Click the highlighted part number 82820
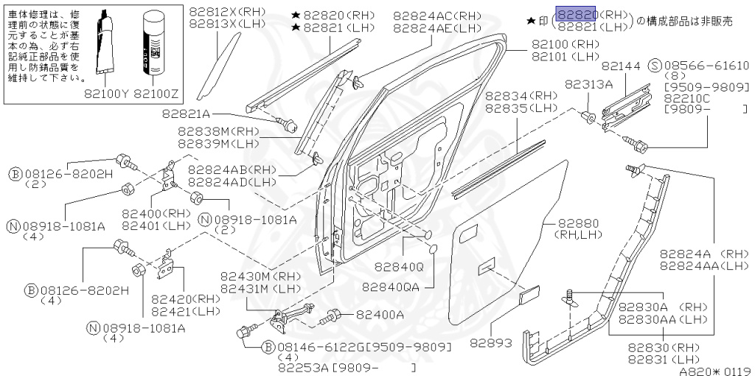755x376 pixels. pos(576,15)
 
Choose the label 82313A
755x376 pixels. pos(589,84)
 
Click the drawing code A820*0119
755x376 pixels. pos(714,371)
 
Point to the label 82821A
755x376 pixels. pos(187,114)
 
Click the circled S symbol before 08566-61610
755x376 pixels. pos(653,66)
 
